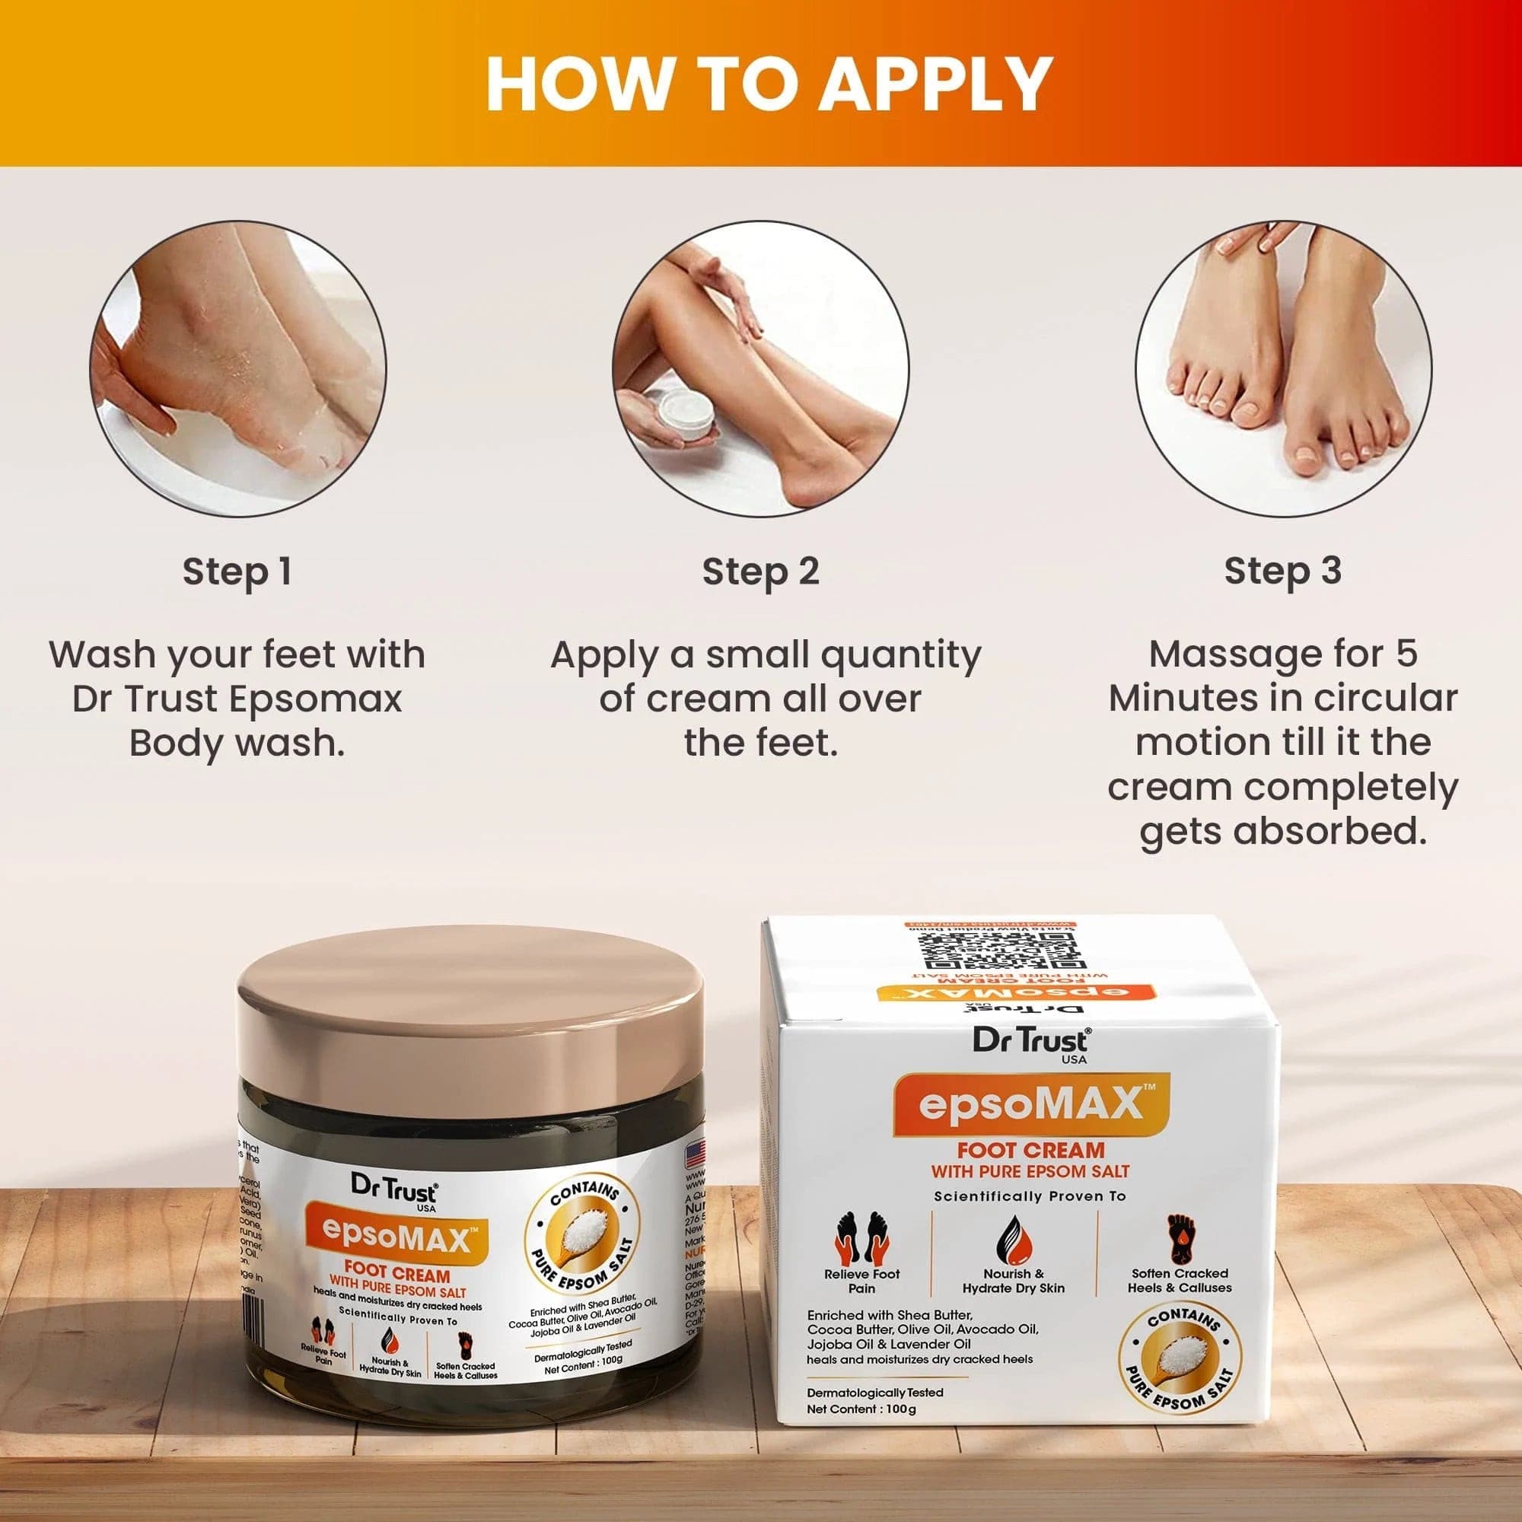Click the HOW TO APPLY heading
(x=768, y=84)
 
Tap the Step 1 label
(x=237, y=572)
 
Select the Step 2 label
(x=760, y=572)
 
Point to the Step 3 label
(x=1282, y=572)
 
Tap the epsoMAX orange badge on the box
(x=1030, y=1106)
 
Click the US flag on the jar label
(x=695, y=1156)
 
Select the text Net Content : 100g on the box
(x=861, y=1409)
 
